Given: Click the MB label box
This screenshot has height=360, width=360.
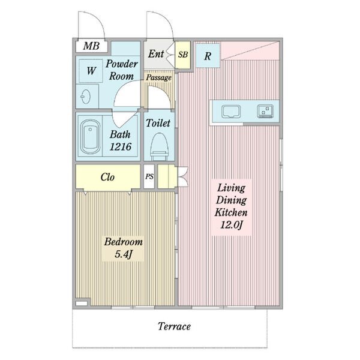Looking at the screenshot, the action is tap(92, 46).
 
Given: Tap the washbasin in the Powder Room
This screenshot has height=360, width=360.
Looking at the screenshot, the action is tap(86, 97).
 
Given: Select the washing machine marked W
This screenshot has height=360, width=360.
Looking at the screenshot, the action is tap(91, 71).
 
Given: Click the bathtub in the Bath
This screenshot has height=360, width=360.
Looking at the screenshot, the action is tap(90, 137).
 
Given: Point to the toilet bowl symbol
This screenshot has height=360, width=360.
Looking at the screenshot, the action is tap(160, 146).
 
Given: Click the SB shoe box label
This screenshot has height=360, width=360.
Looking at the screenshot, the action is tap(183, 55).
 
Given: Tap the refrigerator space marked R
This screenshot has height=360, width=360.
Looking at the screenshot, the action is tap(208, 56).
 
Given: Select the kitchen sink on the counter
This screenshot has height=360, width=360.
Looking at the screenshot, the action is tap(231, 112).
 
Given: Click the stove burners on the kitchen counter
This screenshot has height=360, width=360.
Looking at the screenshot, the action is tap(265, 111).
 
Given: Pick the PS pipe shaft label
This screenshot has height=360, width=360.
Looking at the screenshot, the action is tap(149, 176).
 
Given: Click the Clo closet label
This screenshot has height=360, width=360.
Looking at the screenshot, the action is tap(107, 177).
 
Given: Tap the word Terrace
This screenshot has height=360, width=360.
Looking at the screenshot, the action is tap(174, 326).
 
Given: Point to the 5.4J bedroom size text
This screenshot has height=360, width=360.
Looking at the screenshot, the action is tap(124, 254).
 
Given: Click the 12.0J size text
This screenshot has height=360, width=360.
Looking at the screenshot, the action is tap(232, 225).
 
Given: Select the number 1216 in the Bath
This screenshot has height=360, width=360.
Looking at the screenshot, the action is tap(121, 147).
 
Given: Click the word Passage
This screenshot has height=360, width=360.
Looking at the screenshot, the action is tap(159, 77).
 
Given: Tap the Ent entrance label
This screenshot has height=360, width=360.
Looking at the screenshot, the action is tap(156, 54).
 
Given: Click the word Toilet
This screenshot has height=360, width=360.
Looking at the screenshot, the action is tap(158, 123).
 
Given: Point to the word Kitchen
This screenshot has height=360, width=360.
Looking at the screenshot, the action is tap(231, 212).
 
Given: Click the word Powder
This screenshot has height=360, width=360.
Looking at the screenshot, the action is tap(122, 64).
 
